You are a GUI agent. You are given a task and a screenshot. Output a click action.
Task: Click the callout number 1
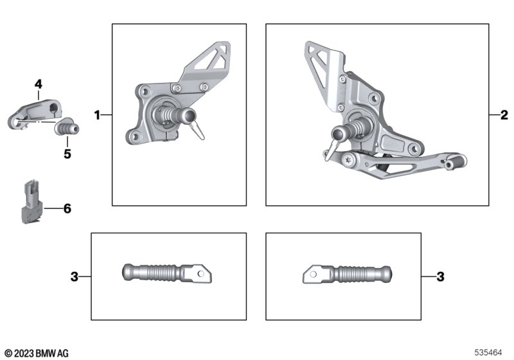[x=97, y=115]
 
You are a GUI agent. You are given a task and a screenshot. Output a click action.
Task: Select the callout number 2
[x=504, y=115]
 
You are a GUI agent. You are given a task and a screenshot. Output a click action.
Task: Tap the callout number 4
[x=39, y=84]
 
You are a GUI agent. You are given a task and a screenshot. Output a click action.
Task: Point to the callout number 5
[x=67, y=154]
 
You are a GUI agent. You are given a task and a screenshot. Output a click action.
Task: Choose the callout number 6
[x=67, y=208]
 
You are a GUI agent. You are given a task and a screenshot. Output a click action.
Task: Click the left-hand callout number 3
[x=75, y=276]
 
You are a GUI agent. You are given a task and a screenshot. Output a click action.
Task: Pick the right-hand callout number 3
[x=440, y=276]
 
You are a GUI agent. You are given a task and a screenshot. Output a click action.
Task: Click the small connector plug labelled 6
[x=32, y=201]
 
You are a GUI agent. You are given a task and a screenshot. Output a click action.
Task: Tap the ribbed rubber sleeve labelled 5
[x=67, y=127]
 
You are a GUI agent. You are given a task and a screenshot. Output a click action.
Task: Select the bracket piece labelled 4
[x=35, y=113]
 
